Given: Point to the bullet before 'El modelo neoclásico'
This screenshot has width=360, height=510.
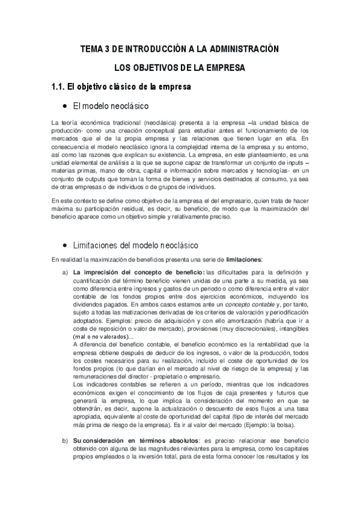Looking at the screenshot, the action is pyautogui.click(x=65, y=106).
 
